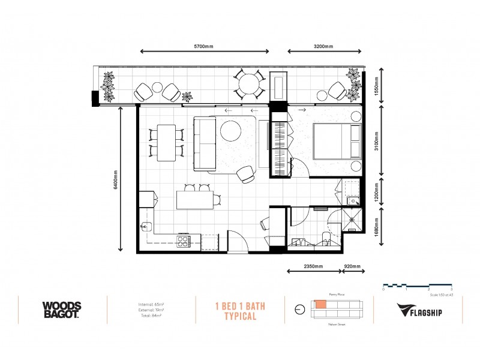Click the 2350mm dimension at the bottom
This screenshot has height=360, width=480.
[313, 266]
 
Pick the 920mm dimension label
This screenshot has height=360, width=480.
[352, 266]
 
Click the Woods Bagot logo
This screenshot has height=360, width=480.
[62, 310]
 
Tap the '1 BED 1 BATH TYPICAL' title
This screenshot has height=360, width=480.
[240, 310]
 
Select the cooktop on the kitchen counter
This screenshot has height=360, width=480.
[183, 242]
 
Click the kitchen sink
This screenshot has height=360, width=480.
[146, 227]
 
